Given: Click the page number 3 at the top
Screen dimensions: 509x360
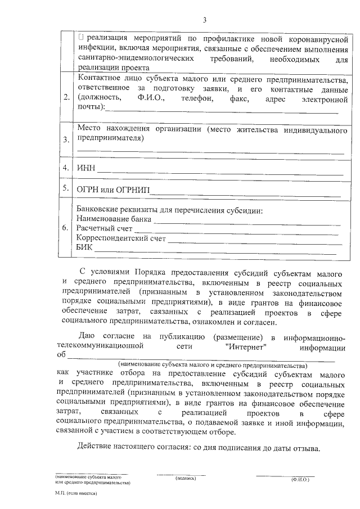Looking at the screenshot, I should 205,21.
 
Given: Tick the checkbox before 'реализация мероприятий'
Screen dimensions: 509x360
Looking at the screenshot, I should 82,38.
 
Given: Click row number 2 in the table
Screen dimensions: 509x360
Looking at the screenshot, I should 66,98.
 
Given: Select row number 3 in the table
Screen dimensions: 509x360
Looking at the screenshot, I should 66,139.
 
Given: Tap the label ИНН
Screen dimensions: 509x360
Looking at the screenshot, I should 86,168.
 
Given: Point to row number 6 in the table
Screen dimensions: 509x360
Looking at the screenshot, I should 66,228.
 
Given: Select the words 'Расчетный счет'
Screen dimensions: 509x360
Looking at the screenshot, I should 105,229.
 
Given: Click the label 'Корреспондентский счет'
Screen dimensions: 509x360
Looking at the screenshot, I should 121,238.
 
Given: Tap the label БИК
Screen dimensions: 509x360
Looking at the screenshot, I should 85,248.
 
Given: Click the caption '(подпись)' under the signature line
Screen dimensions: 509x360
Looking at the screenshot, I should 185,478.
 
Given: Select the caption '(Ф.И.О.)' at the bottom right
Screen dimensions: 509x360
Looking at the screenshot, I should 300,479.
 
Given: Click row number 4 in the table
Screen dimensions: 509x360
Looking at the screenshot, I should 66,168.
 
